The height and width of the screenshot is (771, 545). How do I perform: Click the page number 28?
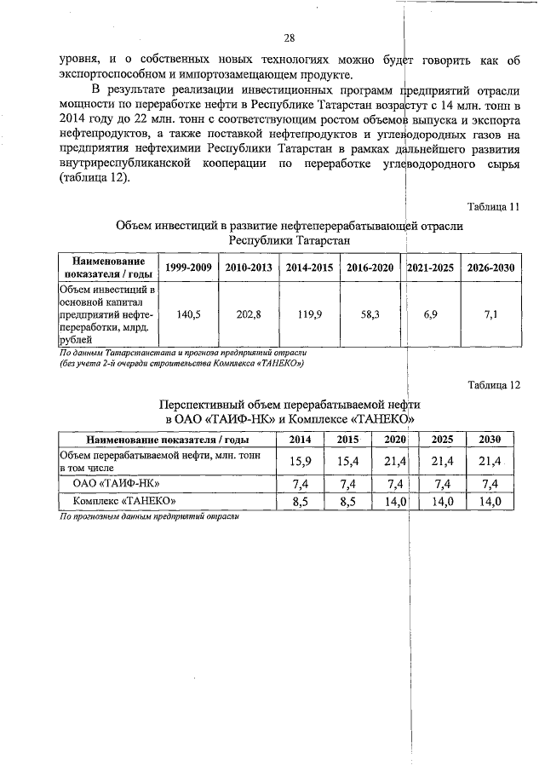pyautogui.click(x=289, y=37)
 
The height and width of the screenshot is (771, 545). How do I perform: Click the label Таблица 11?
pyautogui.click(x=494, y=207)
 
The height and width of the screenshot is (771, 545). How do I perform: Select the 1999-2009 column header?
pyautogui.click(x=188, y=268)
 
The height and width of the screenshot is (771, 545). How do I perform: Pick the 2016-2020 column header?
pyautogui.click(x=370, y=268)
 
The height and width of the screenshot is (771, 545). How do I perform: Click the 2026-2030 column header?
pyautogui.click(x=490, y=268)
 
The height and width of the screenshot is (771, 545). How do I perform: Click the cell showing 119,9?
pyautogui.click(x=308, y=314)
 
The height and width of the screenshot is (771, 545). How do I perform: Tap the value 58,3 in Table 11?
pyautogui.click(x=370, y=314)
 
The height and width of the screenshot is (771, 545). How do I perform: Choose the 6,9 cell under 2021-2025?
pyautogui.click(x=430, y=314)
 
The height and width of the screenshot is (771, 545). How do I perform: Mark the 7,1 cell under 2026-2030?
pyautogui.click(x=490, y=314)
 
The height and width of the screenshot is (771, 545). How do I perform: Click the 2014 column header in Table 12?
pyautogui.click(x=301, y=440)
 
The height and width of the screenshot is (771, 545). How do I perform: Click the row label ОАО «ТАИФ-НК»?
pyautogui.click(x=113, y=483)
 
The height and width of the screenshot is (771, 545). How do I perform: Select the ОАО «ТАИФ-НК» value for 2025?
pyautogui.click(x=442, y=483)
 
